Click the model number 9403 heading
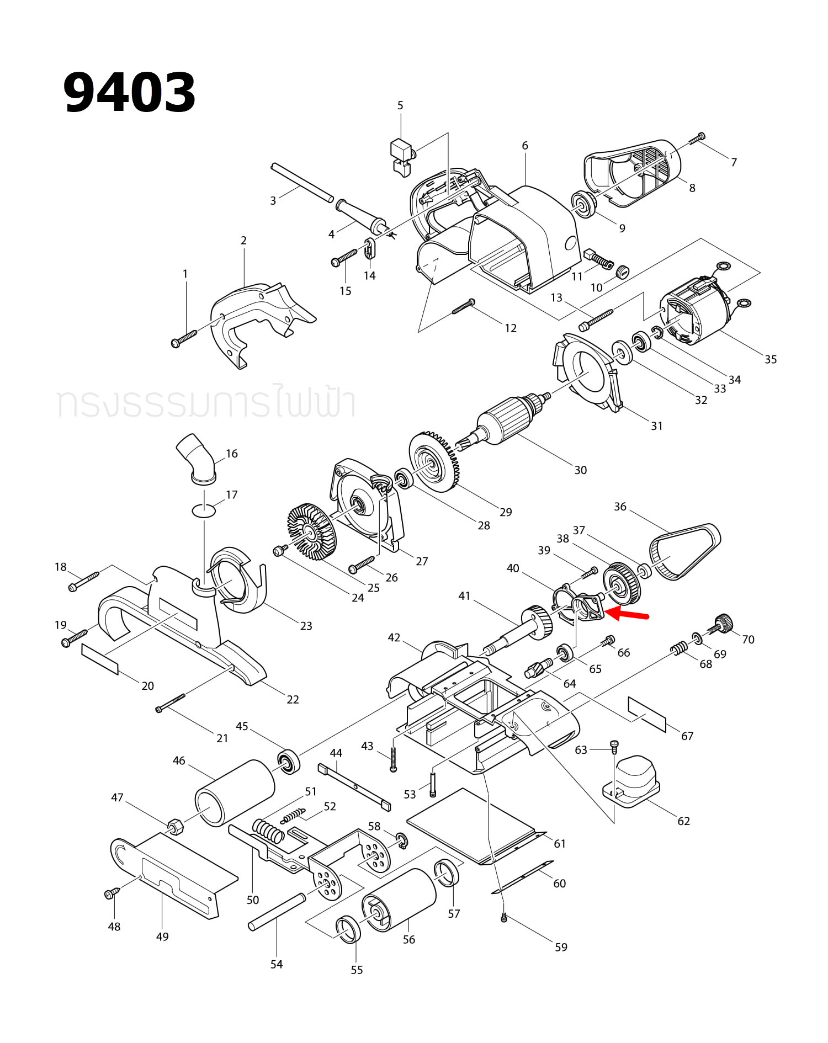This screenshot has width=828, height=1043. [130, 92]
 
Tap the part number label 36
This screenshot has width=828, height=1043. [620, 507]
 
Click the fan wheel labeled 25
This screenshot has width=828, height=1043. [312, 530]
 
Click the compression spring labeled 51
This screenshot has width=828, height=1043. [269, 831]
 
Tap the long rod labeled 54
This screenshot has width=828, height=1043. [277, 912]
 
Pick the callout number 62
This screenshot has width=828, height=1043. [683, 821]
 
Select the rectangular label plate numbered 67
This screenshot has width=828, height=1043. [647, 714]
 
